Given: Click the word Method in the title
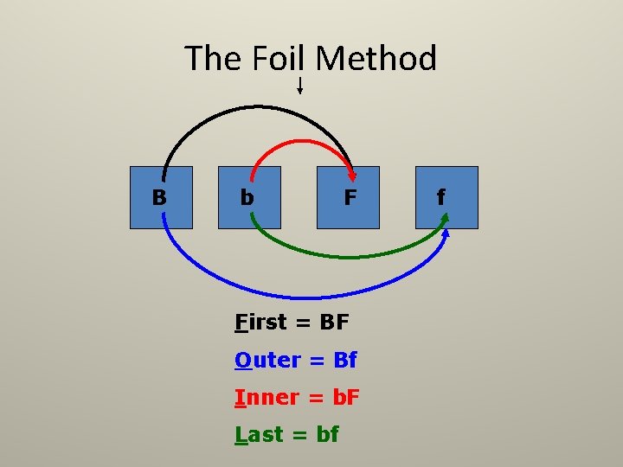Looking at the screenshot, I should pos(376,59).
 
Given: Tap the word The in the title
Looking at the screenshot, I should pos(215,59).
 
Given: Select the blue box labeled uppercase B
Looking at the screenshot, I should pos(161,197).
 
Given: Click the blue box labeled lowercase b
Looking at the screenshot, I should pos(249,197).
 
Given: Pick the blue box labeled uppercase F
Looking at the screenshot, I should pos(348,197).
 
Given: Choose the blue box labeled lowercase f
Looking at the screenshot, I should pos(446,197).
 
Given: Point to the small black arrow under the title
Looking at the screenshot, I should pos(299,85).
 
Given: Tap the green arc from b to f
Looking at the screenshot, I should pos(346,257).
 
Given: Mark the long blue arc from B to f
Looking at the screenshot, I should pos(303,296).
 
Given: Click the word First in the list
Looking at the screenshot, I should pos(260,323).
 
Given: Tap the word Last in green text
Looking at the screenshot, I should pos(260,435).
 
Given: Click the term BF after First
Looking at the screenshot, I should pos(334,323).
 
